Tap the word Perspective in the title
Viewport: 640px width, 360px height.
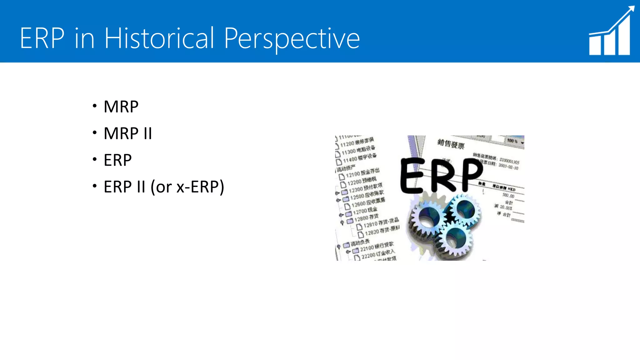pos(292,39)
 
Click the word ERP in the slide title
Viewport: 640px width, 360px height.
pos(42,38)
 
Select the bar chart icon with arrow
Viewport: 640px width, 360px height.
pos(610,34)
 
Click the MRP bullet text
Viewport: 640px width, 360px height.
pos(121,107)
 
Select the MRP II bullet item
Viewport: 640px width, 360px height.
pos(127,133)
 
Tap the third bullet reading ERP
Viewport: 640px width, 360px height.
pos(117,160)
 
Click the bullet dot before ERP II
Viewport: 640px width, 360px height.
pos(95,186)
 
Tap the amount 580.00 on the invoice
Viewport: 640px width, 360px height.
pos(508,196)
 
